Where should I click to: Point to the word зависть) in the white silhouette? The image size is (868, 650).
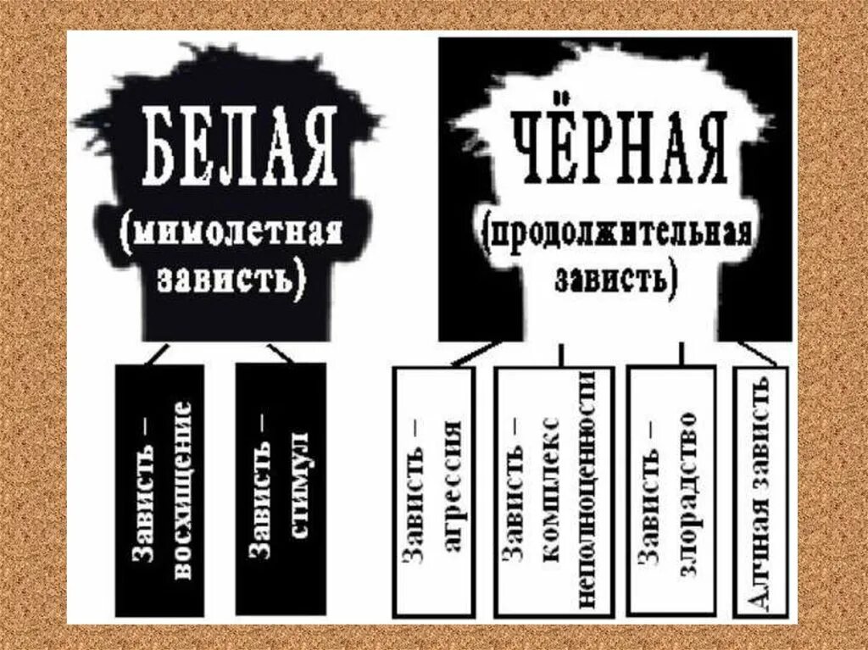point(615,279)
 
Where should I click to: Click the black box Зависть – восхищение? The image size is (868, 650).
point(160,489)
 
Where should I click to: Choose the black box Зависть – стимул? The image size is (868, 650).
point(280,489)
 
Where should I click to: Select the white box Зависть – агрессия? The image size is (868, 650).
point(434,490)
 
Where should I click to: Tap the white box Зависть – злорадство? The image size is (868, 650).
point(670,490)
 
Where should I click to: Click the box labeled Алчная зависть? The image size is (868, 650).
point(761,490)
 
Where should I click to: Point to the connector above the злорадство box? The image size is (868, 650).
point(680,353)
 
